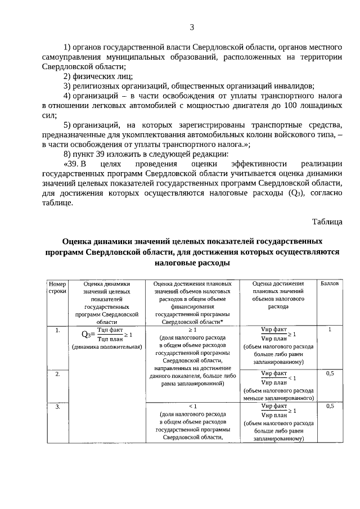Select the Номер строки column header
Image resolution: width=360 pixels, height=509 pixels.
tap(57, 287)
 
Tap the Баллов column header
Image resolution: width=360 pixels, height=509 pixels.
tap(330, 283)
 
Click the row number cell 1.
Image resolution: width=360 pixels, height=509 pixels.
tap(57, 330)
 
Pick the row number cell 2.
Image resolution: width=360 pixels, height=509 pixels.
tap(57, 373)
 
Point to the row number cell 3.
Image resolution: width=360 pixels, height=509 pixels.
tap(57, 406)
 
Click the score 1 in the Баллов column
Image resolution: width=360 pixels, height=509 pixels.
tap(330, 330)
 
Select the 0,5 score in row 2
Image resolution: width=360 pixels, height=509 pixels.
tap(330, 373)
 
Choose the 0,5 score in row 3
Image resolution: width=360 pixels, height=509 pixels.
tap(330, 406)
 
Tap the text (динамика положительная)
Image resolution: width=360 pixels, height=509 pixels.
tap(106, 347)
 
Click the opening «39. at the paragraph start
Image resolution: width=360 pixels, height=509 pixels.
tap(74, 163)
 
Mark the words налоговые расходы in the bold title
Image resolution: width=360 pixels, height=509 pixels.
tap(192, 263)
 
